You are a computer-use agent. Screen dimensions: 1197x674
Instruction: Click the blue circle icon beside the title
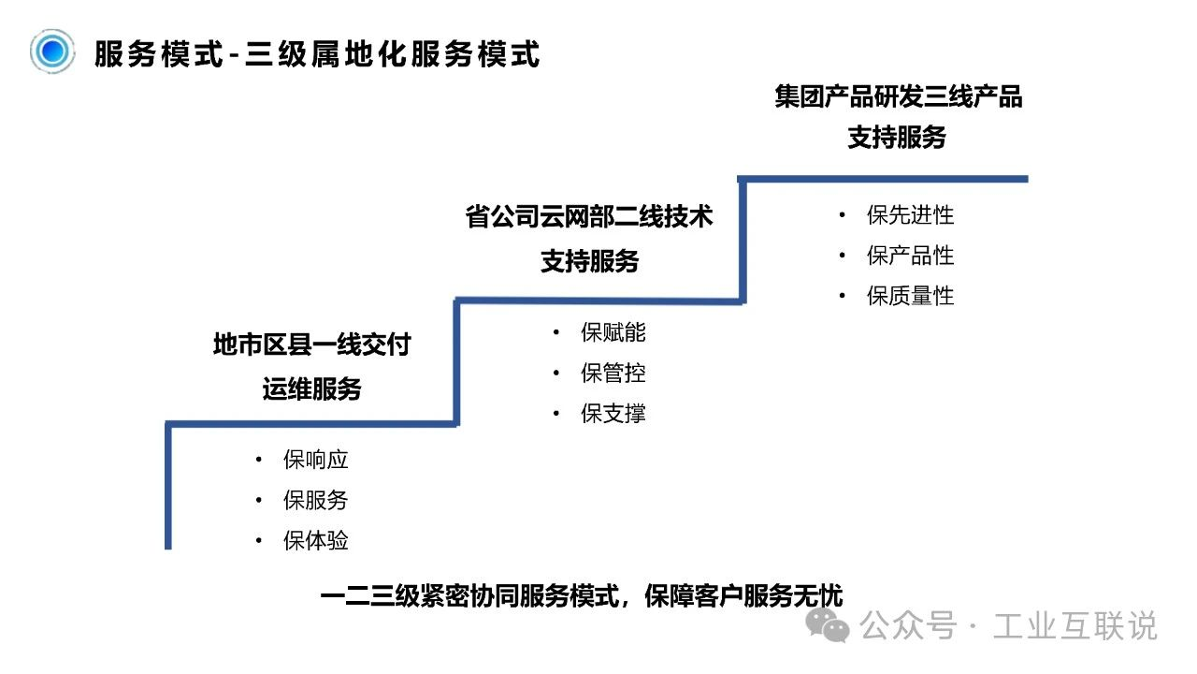click(52, 51)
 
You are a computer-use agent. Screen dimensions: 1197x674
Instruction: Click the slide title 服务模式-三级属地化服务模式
click(317, 54)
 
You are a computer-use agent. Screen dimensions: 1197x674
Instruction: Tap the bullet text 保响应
click(316, 460)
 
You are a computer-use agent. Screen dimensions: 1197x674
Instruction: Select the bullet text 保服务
click(316, 500)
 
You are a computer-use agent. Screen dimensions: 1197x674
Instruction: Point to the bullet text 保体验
click(316, 540)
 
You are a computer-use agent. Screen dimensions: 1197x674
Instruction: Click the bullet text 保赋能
click(613, 332)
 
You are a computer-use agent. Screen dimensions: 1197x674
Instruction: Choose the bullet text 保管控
click(613, 373)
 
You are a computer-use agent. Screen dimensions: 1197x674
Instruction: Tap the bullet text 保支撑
click(613, 414)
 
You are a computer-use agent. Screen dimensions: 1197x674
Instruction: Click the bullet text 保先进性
click(910, 215)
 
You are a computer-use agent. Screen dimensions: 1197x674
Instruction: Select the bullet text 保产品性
click(910, 256)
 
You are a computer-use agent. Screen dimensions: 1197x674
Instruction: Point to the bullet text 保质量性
click(910, 296)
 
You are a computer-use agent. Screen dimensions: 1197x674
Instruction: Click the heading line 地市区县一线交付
click(312, 344)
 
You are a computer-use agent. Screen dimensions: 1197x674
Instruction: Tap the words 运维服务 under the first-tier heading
click(312, 388)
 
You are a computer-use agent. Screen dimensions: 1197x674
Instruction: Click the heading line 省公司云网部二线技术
click(589, 216)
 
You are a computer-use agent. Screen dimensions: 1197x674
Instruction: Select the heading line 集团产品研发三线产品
click(899, 96)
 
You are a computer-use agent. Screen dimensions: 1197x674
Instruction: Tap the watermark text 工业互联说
click(1075, 625)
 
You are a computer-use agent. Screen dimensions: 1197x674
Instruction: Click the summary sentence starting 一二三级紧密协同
click(582, 596)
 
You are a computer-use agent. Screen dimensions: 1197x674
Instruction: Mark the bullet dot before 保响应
click(259, 460)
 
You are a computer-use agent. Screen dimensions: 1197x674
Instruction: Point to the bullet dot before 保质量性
click(843, 296)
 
